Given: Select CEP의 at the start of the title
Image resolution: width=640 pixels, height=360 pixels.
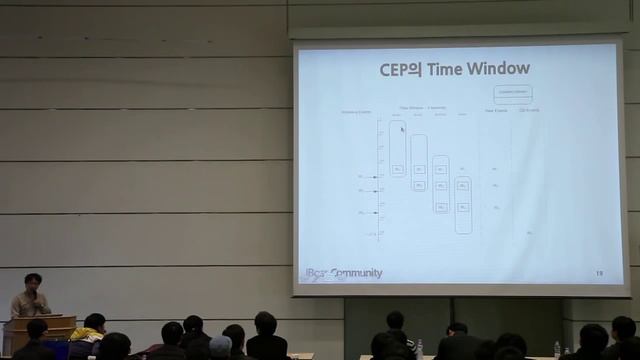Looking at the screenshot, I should click(x=401, y=70).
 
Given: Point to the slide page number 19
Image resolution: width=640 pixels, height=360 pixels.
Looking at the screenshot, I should click(x=599, y=272).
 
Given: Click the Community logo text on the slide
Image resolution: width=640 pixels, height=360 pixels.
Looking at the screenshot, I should click(x=356, y=273).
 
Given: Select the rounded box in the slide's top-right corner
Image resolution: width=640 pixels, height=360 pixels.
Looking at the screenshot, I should click(x=513, y=94).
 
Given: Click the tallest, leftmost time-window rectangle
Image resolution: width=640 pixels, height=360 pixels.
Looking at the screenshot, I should click(x=398, y=150).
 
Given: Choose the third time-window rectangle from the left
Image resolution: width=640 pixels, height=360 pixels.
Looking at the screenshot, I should click(x=441, y=183).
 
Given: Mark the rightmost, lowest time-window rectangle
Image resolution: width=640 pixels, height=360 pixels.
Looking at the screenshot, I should click(x=463, y=205).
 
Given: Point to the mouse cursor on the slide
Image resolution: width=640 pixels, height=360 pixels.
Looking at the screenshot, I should click(x=402, y=128).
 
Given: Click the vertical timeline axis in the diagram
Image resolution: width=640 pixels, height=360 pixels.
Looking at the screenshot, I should click(x=379, y=180).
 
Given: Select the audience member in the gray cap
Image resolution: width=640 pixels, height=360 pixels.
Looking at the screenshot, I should click(x=221, y=346).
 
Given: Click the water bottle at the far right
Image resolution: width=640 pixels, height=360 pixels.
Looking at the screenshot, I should click(x=557, y=350).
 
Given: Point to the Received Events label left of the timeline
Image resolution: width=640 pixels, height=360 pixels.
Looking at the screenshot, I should click(x=356, y=113).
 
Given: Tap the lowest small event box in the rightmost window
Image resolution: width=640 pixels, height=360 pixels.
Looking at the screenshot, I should click(x=463, y=207).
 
